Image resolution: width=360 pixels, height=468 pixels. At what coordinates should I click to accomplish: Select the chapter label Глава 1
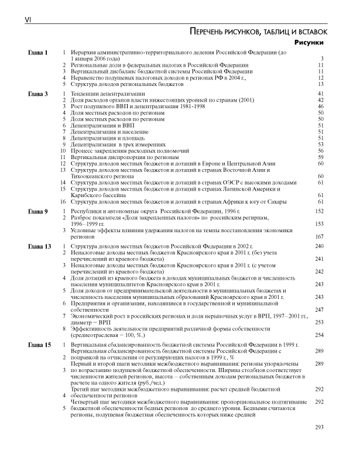click(38, 53)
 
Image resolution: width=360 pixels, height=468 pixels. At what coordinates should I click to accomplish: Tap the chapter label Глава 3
click(38, 94)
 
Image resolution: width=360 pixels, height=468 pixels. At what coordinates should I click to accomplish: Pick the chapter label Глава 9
click(38, 210)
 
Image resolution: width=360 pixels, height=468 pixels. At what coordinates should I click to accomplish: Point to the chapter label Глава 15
click(40, 346)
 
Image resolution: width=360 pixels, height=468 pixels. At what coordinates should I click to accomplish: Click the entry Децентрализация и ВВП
click(100, 125)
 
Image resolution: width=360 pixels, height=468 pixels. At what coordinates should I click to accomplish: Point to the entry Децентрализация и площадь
click(105, 138)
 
